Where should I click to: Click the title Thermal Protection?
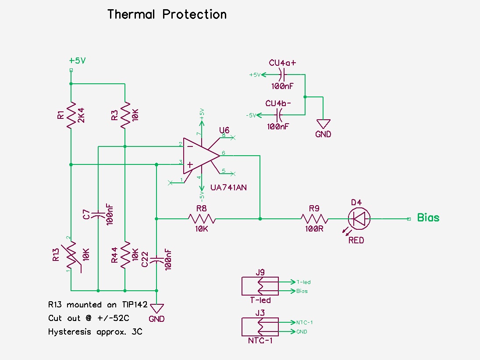(x=167, y=14)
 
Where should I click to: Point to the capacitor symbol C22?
(x=156, y=260)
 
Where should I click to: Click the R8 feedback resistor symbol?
(x=201, y=218)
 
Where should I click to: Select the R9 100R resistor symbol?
(x=314, y=218)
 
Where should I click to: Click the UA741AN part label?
(x=228, y=187)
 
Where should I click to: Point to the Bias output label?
(x=428, y=217)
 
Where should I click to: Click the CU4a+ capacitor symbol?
(x=282, y=75)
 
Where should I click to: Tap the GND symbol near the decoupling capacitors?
(x=323, y=124)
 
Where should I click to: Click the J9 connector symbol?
(x=260, y=286)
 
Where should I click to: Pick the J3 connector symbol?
(x=260, y=327)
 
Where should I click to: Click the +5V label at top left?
(x=77, y=61)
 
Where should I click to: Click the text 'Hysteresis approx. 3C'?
(x=95, y=332)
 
